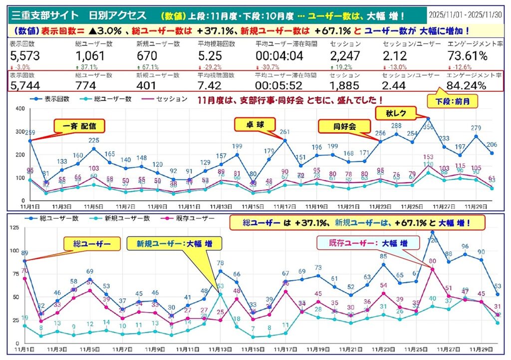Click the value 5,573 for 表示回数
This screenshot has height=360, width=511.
point(24,56)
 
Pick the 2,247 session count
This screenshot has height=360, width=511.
point(344,56)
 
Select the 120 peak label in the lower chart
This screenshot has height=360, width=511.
point(433,240)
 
